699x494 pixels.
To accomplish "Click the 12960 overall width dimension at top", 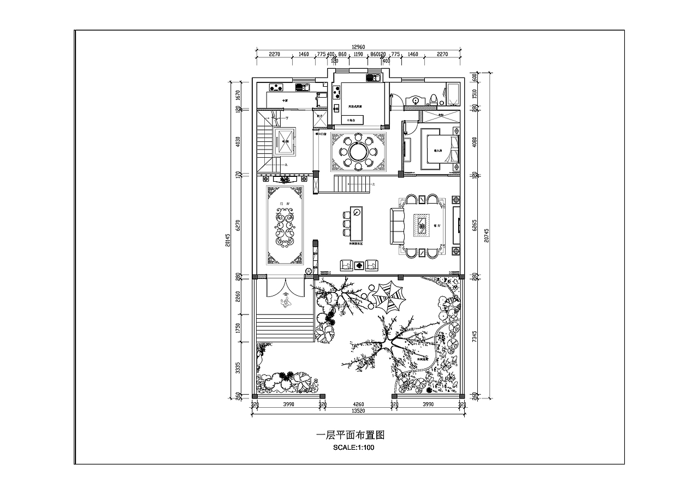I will coord(358,47).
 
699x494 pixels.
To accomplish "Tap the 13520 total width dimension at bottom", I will coord(358,410).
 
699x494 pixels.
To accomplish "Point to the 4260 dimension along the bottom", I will coord(358,404).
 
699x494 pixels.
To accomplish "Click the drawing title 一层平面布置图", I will coord(351,435).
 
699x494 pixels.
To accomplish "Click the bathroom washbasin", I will coord(418,100).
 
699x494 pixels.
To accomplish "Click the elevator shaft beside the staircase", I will coord(284,141).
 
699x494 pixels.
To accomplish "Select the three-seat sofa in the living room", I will coord(396,226).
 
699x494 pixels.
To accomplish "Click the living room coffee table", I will coord(422,225).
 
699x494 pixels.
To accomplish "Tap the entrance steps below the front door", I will coord(284,327).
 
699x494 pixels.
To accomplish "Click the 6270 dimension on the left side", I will coord(238,225).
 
